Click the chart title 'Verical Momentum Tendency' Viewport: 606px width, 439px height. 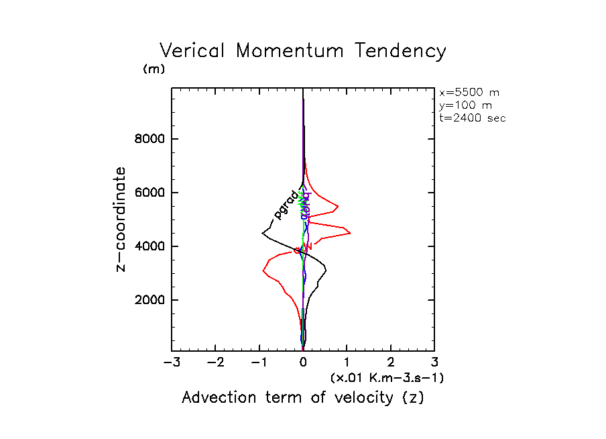pos(302,51)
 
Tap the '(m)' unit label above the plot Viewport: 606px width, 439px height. pos(154,69)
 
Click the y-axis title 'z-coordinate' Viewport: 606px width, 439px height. pos(121,219)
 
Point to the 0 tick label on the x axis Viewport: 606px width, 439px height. pos(303,363)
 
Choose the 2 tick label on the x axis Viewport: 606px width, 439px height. pos(391,363)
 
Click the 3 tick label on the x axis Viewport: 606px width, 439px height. pos(434,363)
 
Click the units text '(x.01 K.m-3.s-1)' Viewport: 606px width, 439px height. pos(387,378)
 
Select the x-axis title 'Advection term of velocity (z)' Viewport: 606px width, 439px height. pos(303,397)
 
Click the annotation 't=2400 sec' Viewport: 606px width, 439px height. pos(472,117)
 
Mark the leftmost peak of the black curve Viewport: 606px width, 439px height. pos(262,233)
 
